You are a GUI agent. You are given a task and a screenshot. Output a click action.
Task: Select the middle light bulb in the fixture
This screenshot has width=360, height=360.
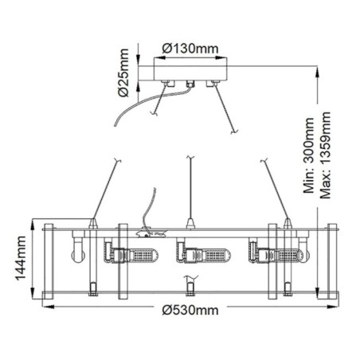[x=204, y=255]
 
